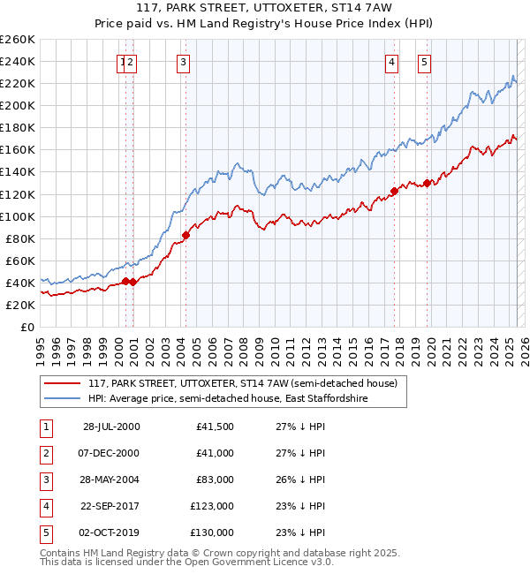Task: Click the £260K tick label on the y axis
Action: coord(17,40)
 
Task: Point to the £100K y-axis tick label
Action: coord(17,216)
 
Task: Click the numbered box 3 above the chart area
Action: coord(183,62)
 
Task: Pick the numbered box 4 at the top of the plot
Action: coord(391,62)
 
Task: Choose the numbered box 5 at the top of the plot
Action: coord(425,62)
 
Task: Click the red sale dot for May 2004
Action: coord(186,235)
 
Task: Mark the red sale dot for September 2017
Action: coord(394,191)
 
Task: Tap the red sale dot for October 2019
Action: coord(427,183)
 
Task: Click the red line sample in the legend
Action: coord(62,383)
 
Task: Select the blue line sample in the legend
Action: coord(62,398)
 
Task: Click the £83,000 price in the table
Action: coord(215,480)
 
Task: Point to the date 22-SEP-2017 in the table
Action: coord(110,506)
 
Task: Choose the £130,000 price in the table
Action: coord(212,532)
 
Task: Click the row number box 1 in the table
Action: coord(45,427)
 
